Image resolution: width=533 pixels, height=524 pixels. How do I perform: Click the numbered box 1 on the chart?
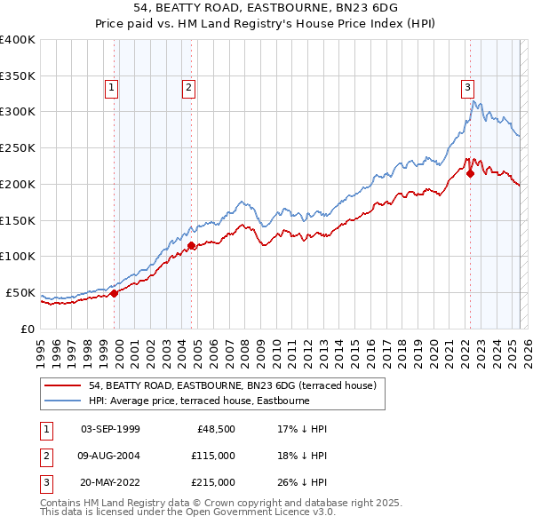(112, 87)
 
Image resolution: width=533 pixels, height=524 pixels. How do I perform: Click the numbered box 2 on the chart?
(190, 87)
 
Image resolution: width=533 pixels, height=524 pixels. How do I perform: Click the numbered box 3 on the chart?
(466, 87)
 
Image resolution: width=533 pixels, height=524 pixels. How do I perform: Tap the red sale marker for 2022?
(470, 173)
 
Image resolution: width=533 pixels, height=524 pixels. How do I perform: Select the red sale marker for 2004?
(191, 244)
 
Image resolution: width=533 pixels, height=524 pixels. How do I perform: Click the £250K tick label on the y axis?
(18, 148)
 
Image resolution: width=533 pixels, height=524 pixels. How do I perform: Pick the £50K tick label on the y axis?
(21, 292)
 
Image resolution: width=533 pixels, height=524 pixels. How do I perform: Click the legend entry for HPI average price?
(198, 401)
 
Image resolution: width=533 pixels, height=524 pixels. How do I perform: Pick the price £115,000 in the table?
(213, 457)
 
